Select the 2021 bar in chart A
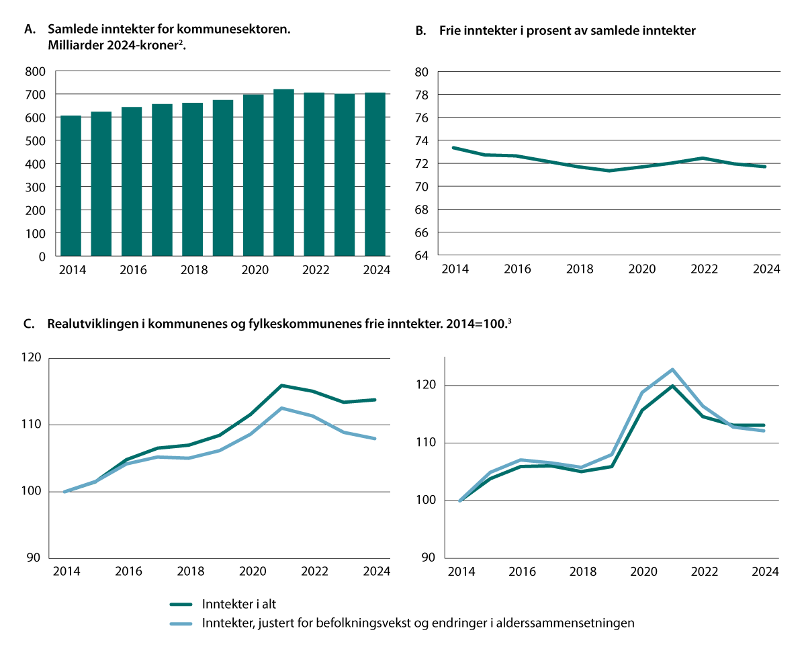[x=283, y=173]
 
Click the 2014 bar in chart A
[x=71, y=186]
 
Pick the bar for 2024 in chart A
[x=375, y=175]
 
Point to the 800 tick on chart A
[x=36, y=71]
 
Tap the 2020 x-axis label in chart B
[x=642, y=269]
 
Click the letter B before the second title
[x=420, y=30]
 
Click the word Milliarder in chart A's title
[x=75, y=44]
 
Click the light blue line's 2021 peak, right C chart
[x=672, y=369]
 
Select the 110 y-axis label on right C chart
[x=426, y=443]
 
